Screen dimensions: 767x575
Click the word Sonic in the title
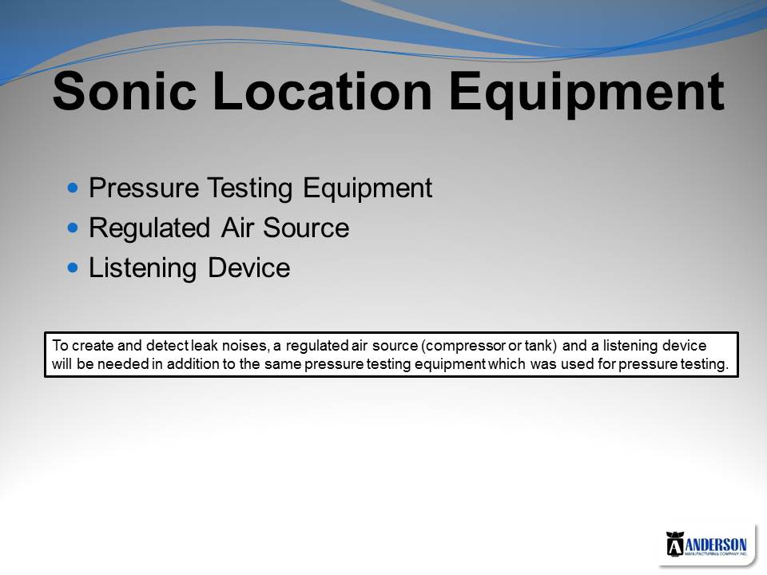pos(125,91)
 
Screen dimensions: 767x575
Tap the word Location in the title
pos(322,91)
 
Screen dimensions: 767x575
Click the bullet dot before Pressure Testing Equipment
pos(73,187)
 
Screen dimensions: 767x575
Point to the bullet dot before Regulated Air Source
pos(73,228)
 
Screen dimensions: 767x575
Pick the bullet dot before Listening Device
pos(73,268)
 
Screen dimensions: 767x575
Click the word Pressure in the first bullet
pos(144,187)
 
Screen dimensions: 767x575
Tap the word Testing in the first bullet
pos(249,189)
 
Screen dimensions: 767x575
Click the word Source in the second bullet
pos(306,228)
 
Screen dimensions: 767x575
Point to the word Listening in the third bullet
pos(142,269)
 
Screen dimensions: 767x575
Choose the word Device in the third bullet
pos(248,268)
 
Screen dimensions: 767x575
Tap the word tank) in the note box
pos(541,346)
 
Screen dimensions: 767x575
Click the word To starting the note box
pos(60,346)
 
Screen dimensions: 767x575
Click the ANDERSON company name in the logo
pos(716,545)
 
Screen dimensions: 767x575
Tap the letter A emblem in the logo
pos(674,544)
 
